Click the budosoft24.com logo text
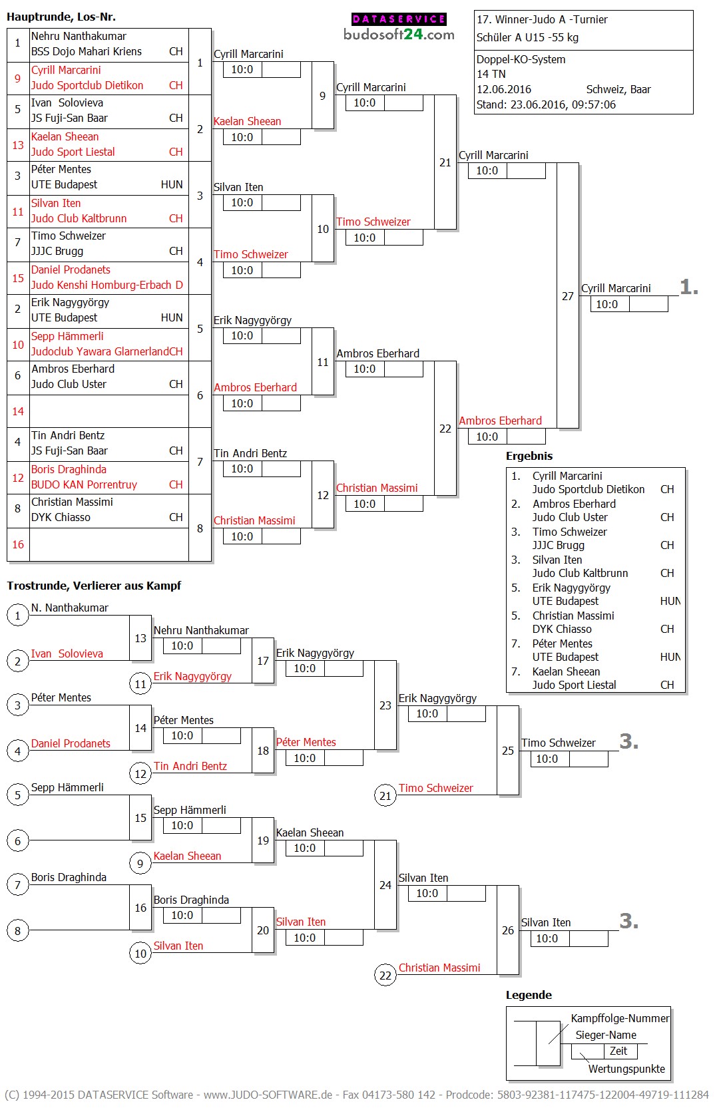[399, 35]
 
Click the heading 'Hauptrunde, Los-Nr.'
[61, 17]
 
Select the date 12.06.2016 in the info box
[503, 89]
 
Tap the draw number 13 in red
[18, 145]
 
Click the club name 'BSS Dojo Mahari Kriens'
[87, 51]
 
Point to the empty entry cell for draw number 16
[109, 544]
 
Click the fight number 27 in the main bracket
[567, 296]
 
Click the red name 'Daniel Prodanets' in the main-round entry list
[71, 270]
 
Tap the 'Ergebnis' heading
[529, 456]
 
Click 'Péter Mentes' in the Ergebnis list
[562, 644]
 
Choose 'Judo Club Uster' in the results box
[570, 517]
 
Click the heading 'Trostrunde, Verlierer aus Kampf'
[94, 586]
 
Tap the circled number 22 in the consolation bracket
[385, 976]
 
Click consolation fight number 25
[508, 751]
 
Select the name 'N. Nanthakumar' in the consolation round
[70, 608]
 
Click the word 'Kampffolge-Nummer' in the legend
[620, 1018]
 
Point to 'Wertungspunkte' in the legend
[626, 1069]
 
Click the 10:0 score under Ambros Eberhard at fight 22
[487, 437]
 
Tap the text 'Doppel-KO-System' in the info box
[521, 59]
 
